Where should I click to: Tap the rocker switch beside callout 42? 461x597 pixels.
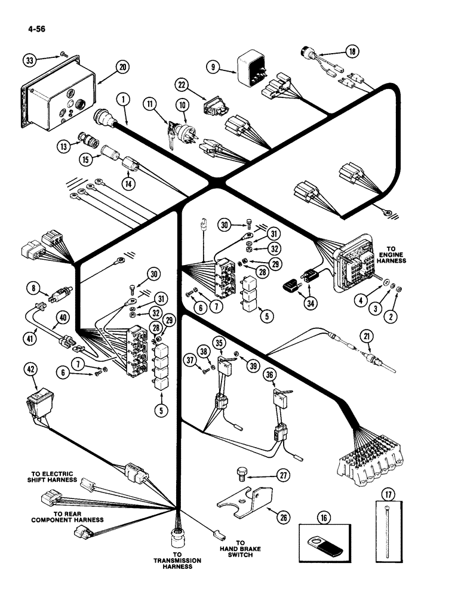click(x=37, y=405)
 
